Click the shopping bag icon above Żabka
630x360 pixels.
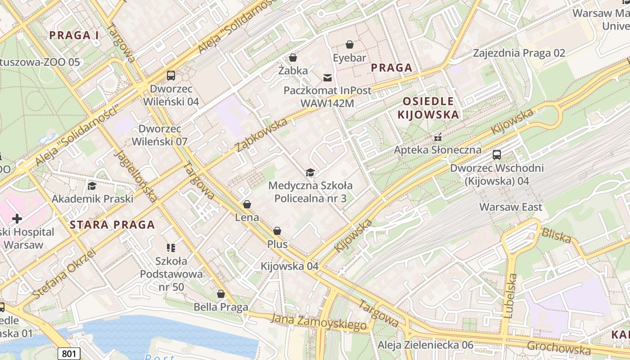(293, 58)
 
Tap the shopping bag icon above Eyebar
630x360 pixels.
(350, 45)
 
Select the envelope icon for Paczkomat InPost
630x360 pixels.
(328, 78)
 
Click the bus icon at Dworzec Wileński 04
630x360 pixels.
(171, 76)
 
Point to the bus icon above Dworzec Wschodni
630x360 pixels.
(497, 155)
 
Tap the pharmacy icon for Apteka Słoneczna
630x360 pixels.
(437, 137)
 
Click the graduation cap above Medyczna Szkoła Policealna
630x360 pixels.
(310, 172)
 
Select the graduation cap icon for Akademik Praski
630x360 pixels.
(92, 185)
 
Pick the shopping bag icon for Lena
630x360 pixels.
(247, 204)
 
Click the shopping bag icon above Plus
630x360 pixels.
(277, 231)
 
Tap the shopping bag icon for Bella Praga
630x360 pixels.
(221, 294)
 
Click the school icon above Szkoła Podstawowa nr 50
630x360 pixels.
(171, 247)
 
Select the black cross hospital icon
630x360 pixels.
(17, 219)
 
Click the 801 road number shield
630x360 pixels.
(69, 354)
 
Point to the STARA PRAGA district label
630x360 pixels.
(112, 225)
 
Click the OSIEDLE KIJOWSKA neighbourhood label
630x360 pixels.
(428, 108)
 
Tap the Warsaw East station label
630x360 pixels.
(511, 207)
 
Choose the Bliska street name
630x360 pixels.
(557, 235)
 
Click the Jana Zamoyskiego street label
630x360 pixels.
(319, 322)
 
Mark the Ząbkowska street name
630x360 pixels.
(261, 135)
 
